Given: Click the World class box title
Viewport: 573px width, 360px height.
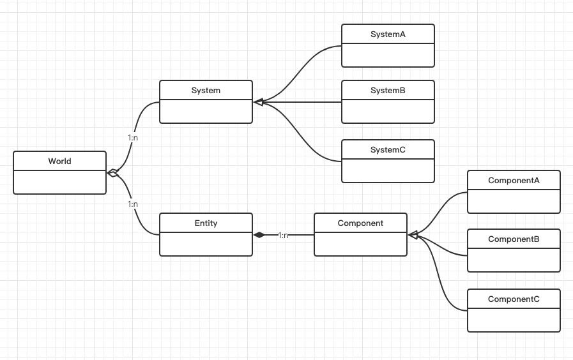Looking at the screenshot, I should pos(59,161).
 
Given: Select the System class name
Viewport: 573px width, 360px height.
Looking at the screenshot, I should pos(206,91).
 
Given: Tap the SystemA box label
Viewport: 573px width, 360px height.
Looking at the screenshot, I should pos(388,34).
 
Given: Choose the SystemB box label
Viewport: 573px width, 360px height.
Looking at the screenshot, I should pos(388,91).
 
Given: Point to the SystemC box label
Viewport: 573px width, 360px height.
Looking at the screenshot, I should pos(388,150).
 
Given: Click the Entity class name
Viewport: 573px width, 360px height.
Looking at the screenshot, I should pos(206,223).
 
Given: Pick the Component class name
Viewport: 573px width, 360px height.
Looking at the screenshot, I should pos(360,223).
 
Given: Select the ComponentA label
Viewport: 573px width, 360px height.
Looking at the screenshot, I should pos(514,181).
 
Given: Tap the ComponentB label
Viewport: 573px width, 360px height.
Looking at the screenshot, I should pos(514,239).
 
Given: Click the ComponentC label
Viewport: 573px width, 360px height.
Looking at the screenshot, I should pos(514,299).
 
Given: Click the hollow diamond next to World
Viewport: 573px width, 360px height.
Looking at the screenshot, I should pos(113,172).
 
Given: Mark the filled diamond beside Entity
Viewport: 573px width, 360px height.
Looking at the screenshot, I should pos(259,235).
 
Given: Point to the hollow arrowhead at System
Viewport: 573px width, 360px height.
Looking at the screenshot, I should pos(259,102).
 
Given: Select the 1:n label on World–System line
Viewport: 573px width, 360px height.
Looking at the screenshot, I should pos(133,137).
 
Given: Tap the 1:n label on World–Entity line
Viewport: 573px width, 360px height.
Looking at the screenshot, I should pos(133,204).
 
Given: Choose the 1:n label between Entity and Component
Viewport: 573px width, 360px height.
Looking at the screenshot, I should pos(283,236).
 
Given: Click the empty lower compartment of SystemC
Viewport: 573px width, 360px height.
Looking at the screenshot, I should pos(388,171).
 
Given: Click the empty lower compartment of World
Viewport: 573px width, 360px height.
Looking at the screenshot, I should pos(59,183).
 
